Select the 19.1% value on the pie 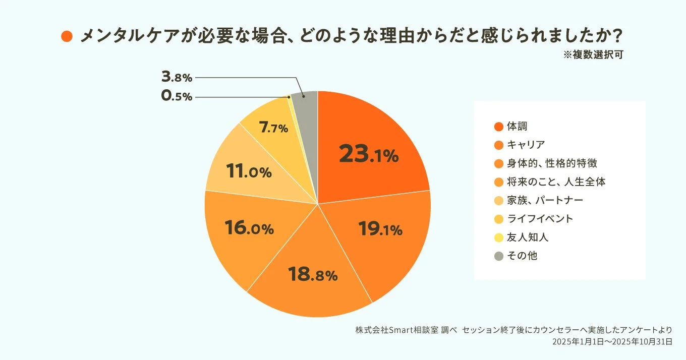tap(380, 229)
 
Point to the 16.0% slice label tap(249, 228)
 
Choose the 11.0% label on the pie tap(249, 171)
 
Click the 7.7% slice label tap(273, 128)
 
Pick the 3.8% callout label tap(177, 77)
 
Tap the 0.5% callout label tap(177, 96)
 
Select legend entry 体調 tap(517, 127)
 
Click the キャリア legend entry tap(526, 145)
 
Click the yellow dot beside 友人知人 tap(499, 237)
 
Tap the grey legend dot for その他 tap(499, 256)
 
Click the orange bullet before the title tap(67, 36)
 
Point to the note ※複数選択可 tap(593, 55)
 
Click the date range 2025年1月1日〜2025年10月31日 tap(612, 341)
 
